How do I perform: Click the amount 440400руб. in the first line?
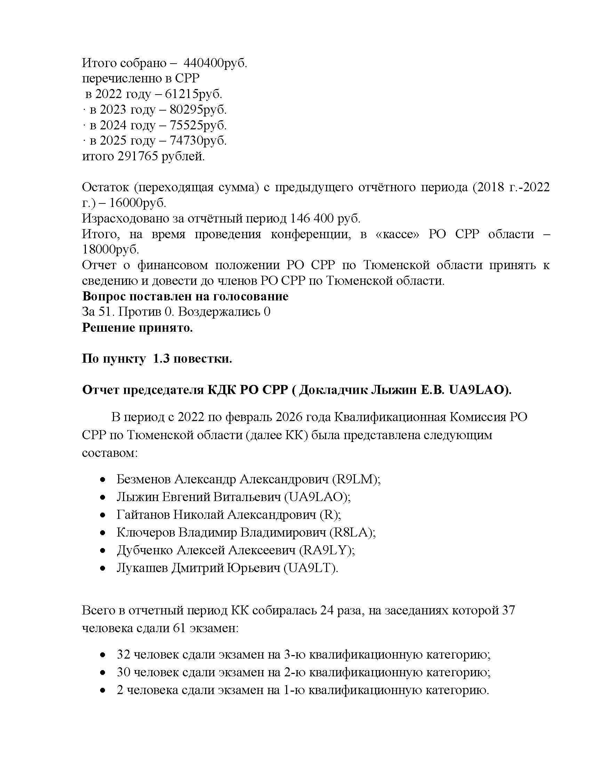click(215, 63)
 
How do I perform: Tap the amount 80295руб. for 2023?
click(198, 110)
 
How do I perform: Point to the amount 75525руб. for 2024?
click(198, 125)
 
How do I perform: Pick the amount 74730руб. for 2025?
click(198, 140)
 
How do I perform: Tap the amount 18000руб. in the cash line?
click(110, 249)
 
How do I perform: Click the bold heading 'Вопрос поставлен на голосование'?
click(185, 296)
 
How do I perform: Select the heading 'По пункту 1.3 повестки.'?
click(157, 359)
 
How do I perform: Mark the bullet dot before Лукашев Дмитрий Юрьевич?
click(103, 569)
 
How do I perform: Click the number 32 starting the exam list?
click(123, 655)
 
